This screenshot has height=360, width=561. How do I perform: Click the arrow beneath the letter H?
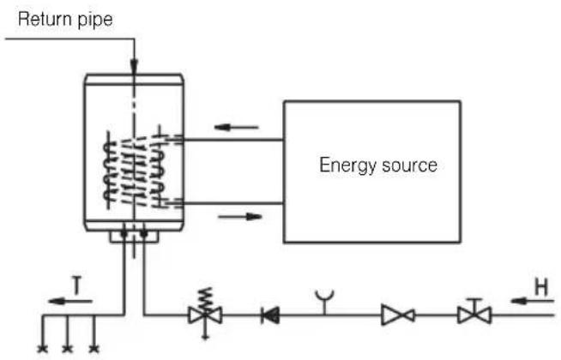[x=533, y=302]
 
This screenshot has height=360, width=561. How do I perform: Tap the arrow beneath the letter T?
[x=70, y=302]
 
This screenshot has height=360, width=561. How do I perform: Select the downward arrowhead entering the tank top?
[x=134, y=66]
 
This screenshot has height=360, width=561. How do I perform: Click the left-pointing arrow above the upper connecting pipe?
[x=236, y=127]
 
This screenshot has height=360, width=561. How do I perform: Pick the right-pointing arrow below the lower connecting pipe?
[x=240, y=216]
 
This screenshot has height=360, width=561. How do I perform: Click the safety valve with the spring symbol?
[x=205, y=314]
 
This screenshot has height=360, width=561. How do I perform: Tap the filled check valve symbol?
[x=270, y=315]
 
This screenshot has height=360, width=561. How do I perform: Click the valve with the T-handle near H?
[x=474, y=312]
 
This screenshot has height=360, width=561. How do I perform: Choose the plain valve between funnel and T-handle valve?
[x=398, y=315]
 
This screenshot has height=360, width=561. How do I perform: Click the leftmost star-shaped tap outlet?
[x=43, y=348]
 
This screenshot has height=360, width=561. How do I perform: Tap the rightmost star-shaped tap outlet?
[x=94, y=348]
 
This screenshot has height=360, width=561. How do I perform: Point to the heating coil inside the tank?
[x=134, y=170]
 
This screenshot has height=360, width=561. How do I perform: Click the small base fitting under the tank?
[x=134, y=237]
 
